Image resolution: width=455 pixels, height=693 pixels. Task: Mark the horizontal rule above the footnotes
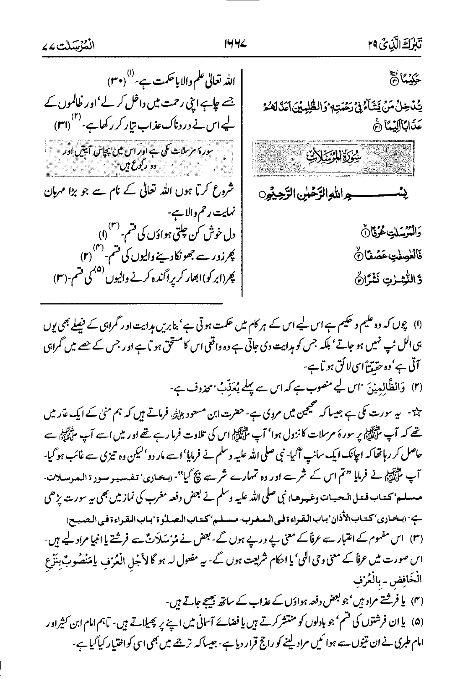tap(132, 303)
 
